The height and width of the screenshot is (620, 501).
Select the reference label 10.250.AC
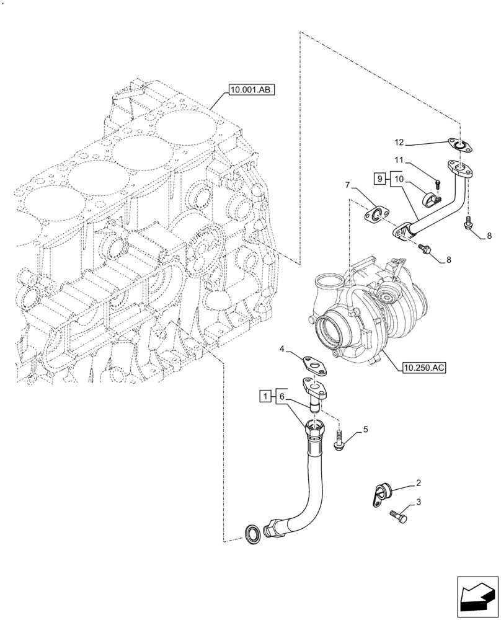click(x=423, y=367)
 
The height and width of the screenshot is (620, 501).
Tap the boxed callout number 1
click(x=265, y=396)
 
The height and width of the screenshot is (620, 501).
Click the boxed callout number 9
click(x=379, y=179)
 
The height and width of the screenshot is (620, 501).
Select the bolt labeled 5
click(x=339, y=442)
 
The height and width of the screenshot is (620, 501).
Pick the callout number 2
click(x=419, y=483)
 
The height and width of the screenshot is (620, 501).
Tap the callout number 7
click(x=348, y=184)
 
